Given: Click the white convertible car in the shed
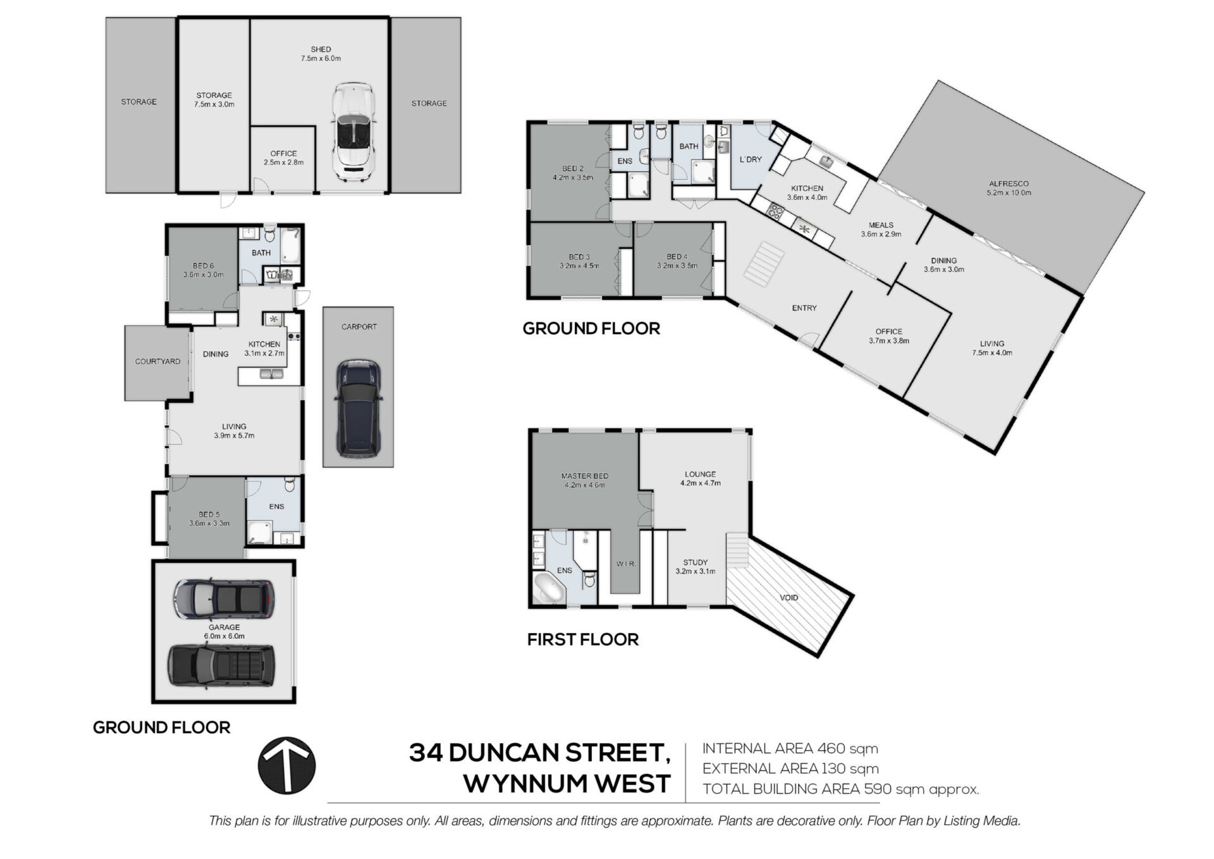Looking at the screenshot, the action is click(x=354, y=131).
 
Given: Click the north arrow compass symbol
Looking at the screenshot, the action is click(x=286, y=765).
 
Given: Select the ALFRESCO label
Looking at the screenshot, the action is click(x=1009, y=183).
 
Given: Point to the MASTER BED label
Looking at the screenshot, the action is click(x=585, y=476).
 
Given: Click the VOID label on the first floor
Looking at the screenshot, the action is click(x=789, y=597).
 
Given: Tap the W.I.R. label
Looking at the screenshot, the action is click(x=626, y=564).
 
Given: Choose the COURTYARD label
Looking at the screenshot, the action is click(x=157, y=361).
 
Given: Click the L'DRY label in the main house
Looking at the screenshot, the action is click(x=751, y=159).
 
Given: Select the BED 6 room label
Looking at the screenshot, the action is click(x=203, y=266).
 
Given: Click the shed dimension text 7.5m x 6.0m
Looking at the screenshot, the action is click(x=321, y=58).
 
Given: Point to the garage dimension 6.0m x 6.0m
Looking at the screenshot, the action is click(x=224, y=636).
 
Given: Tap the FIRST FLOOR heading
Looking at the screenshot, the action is click(x=583, y=640).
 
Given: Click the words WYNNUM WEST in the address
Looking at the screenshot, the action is click(x=567, y=784).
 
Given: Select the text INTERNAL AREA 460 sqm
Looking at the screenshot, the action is click(x=790, y=748).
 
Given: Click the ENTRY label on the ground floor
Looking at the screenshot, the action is click(x=804, y=308).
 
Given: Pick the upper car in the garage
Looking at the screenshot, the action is click(x=224, y=598).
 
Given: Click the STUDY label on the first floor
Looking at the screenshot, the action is click(x=696, y=562).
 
